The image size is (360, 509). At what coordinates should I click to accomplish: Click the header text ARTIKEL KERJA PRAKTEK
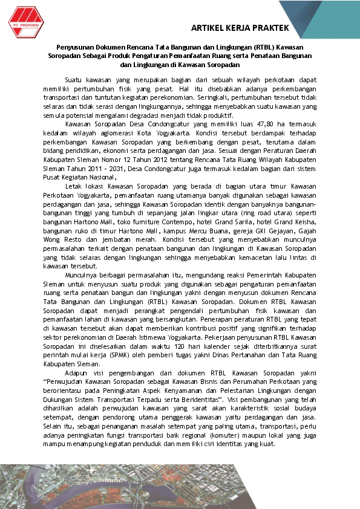pyautogui.click(x=239, y=28)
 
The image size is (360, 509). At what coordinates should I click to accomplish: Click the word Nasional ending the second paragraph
pyautogui.click(x=100, y=177)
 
